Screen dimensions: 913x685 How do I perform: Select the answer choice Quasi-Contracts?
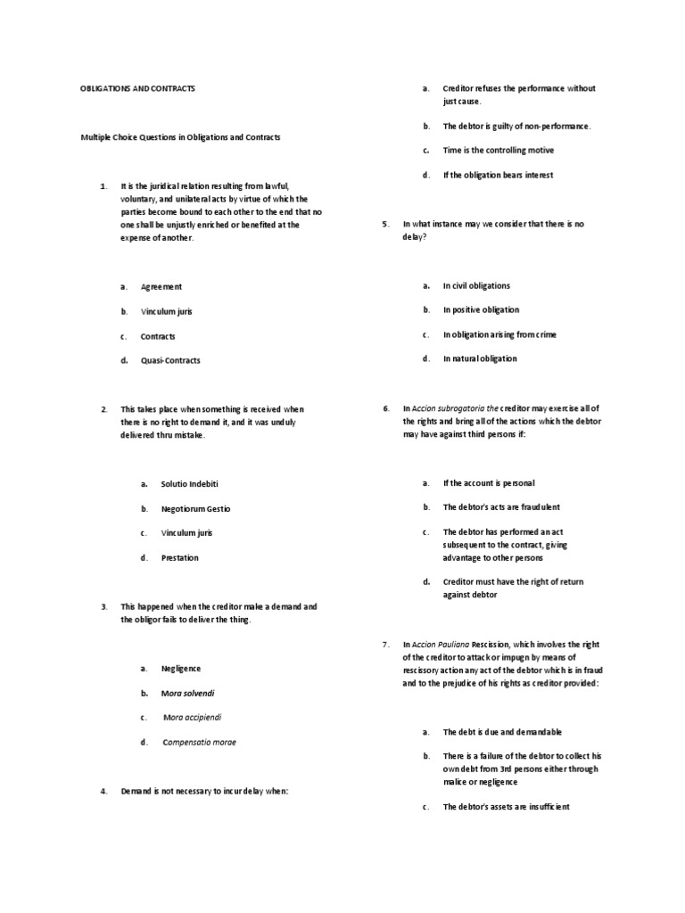(x=170, y=361)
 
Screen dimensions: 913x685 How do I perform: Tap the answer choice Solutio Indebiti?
(x=189, y=483)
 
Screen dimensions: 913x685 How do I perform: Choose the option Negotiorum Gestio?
(x=195, y=508)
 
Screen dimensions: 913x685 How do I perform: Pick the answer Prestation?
(x=179, y=558)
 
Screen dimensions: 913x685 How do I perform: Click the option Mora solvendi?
(x=187, y=693)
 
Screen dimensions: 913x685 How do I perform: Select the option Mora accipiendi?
(x=190, y=717)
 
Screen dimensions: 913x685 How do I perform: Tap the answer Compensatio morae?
(x=199, y=742)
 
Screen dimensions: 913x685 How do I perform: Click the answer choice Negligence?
(x=181, y=668)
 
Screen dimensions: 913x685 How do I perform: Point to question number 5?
(x=384, y=225)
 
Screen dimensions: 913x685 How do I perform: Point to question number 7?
(x=384, y=644)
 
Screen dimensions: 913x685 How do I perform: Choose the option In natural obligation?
(x=480, y=359)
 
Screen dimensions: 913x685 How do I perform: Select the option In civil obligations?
(x=476, y=286)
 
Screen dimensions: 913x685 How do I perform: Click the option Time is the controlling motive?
(x=498, y=151)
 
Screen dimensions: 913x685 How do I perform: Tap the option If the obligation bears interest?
(x=498, y=176)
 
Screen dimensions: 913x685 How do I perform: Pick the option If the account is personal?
(x=489, y=483)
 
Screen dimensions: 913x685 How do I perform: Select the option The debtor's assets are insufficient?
(x=506, y=807)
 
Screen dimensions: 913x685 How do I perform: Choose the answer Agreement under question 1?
(x=161, y=287)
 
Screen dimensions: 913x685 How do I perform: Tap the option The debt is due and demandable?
(x=502, y=732)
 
